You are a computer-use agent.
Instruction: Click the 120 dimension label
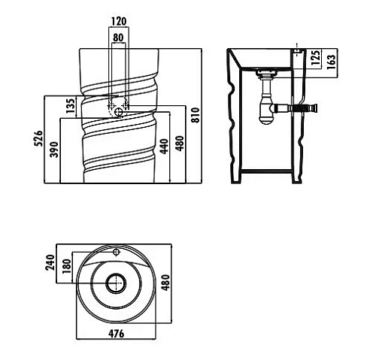tap(119, 21)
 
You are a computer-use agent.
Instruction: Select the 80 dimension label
tap(118, 38)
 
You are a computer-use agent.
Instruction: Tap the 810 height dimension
tap(196, 115)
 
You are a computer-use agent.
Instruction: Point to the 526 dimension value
tap(38, 138)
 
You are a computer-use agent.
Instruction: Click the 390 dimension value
tap(54, 150)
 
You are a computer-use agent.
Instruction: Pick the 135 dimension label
tap(71, 105)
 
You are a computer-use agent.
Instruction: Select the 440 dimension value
tap(164, 147)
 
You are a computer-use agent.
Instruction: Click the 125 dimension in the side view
tap(316, 58)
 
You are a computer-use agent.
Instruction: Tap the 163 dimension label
tap(331, 62)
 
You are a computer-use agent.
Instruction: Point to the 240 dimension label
tap(50, 262)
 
